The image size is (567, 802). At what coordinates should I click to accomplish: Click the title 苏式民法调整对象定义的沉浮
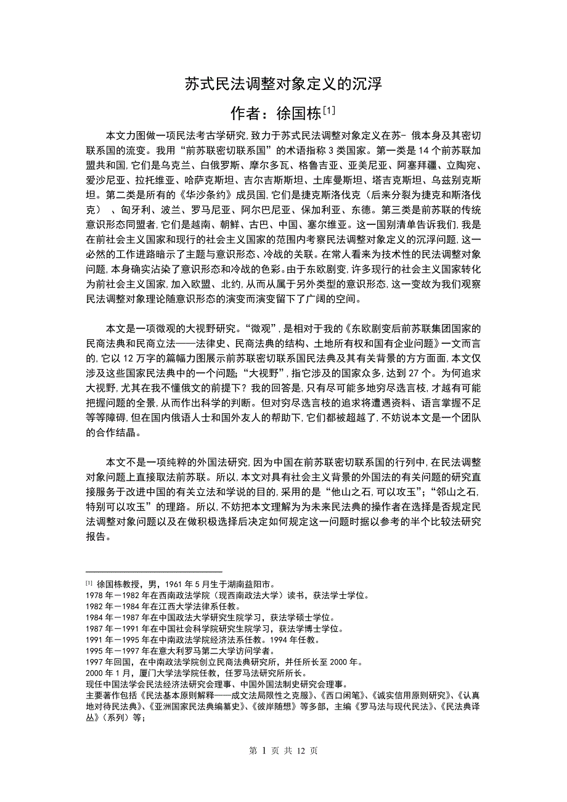pyautogui.click(x=283, y=84)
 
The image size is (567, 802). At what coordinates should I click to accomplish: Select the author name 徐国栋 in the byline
pyautogui.click(x=299, y=114)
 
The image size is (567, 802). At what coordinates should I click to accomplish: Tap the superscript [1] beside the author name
pyautogui.click(x=329, y=110)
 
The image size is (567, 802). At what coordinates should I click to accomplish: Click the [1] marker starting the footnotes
pyautogui.click(x=89, y=583)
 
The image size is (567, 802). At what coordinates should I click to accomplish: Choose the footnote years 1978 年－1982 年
pyautogui.click(x=117, y=596)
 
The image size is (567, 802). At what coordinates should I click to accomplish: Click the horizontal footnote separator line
pyautogui.click(x=153, y=572)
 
